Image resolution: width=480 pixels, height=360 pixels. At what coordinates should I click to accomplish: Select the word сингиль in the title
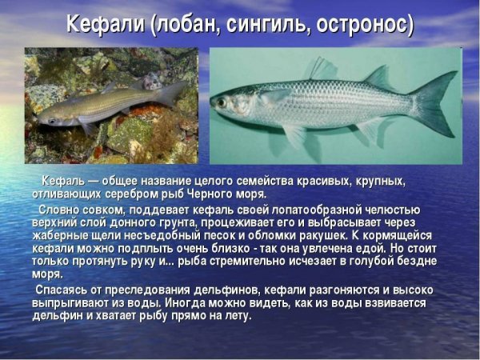click(270, 24)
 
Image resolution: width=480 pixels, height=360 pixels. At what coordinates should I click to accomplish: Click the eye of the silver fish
click(221, 102)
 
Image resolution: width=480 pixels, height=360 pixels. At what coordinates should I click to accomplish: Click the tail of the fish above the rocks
click(171, 93)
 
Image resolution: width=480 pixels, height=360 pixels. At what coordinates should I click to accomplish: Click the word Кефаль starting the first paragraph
click(60, 181)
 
